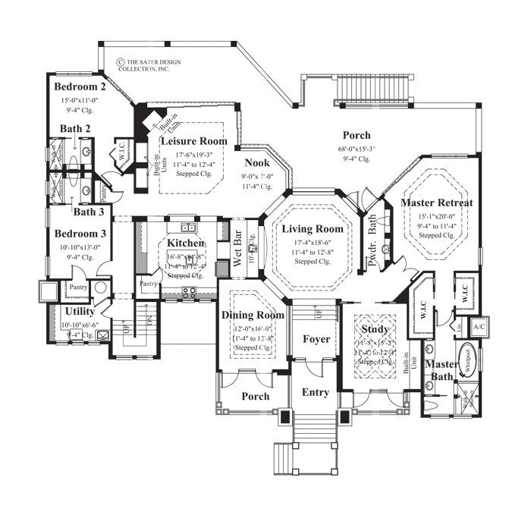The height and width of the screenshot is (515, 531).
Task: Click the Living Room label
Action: tap(313, 228)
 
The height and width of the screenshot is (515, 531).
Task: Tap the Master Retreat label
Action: tap(437, 203)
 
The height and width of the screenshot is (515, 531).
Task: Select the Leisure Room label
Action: tap(193, 140)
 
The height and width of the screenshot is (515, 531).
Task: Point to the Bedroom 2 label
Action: tap(80, 86)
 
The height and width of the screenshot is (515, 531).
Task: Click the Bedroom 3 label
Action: tap(80, 233)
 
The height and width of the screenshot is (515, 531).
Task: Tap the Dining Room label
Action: tap(253, 315)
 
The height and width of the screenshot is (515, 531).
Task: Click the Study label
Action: tap(375, 329)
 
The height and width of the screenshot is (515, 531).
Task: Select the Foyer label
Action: tap(316, 339)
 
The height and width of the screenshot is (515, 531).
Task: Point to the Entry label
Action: tap(316, 392)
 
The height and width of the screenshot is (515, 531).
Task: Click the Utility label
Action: tap(80, 312)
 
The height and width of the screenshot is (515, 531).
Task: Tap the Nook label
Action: tap(257, 162)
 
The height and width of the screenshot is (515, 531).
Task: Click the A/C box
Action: tap(479, 327)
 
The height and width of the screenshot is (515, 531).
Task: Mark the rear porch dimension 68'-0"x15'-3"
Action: tap(356, 149)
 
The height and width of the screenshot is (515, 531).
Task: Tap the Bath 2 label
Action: tap(76, 128)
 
